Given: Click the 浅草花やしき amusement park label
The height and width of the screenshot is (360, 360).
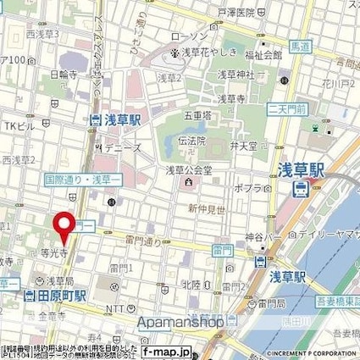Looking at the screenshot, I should [x=204, y=53].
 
